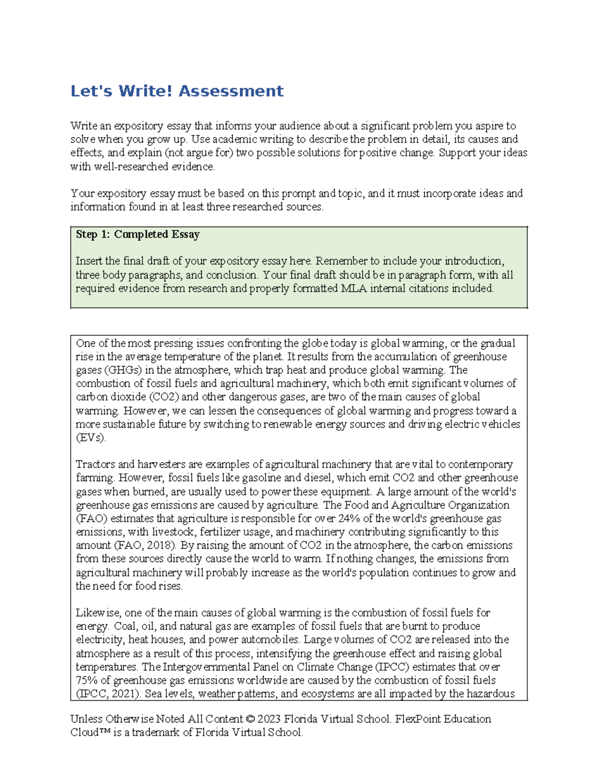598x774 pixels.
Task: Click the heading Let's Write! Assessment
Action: point(177,91)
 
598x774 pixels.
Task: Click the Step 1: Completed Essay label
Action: point(138,234)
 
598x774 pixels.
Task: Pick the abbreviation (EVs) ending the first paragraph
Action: point(91,438)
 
